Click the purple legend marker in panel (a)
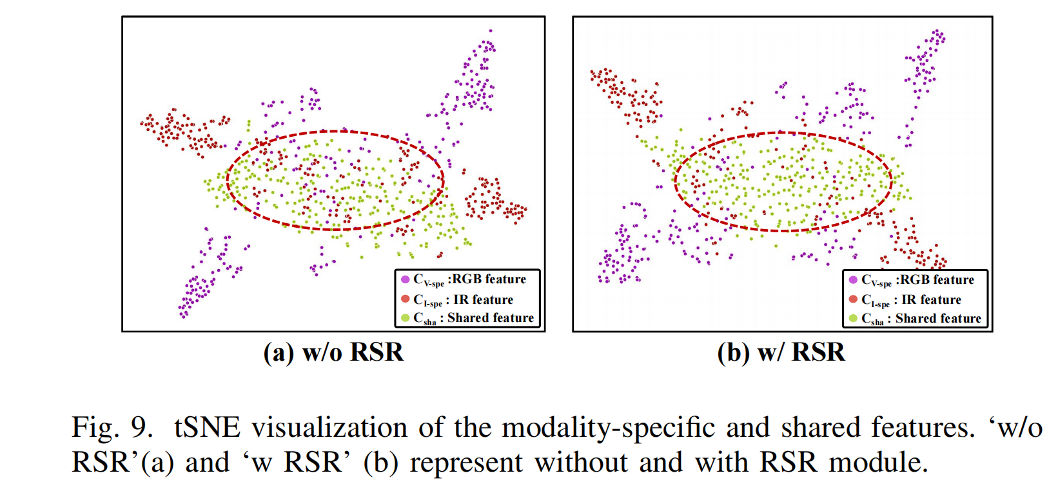point(406,279)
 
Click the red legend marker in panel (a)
point(406,299)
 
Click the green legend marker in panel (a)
point(406,317)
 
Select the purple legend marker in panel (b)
point(854,280)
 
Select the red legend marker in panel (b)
point(854,299)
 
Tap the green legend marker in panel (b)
point(854,318)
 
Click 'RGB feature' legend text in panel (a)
point(489,279)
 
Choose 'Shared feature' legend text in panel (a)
point(490,317)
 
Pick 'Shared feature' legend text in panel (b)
point(938,318)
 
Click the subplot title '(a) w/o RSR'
point(333,352)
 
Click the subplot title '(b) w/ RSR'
point(781,352)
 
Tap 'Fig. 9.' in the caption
point(112,428)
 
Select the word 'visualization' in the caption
point(329,428)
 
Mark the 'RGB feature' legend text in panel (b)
point(937,280)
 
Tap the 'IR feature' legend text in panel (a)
point(483,299)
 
